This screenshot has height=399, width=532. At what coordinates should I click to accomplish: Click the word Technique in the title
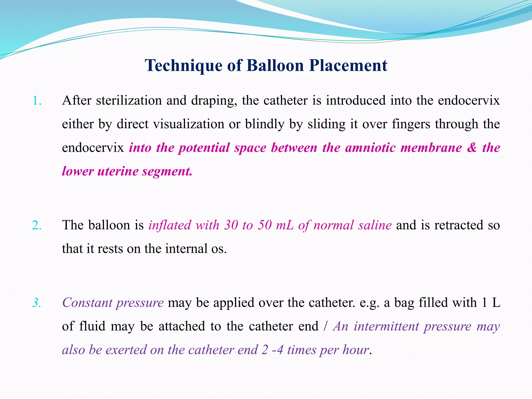[x=183, y=65]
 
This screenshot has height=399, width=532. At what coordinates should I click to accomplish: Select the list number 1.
[x=37, y=101]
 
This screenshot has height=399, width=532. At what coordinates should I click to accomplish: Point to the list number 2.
[x=37, y=225]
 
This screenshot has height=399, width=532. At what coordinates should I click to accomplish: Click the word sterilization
[x=129, y=100]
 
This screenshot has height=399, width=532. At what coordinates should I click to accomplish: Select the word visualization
[x=189, y=124]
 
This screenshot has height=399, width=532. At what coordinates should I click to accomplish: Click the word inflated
[x=170, y=225]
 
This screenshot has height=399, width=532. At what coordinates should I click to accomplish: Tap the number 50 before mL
[x=265, y=225]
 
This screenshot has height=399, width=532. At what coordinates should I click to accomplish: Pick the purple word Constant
[x=87, y=303]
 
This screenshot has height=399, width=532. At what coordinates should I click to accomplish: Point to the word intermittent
[x=386, y=326]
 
